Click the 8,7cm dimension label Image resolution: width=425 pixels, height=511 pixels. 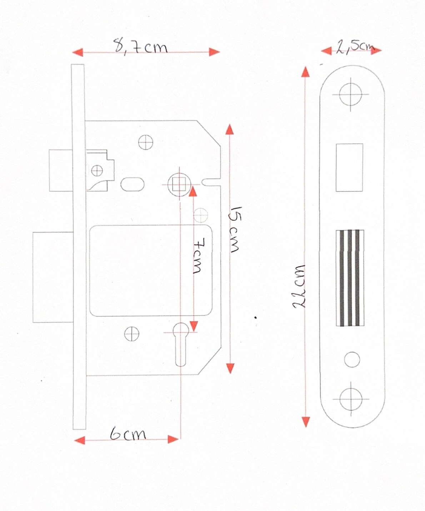coord(141,46)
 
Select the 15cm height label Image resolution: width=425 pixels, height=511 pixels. coord(234,229)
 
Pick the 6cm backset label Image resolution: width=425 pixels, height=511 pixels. coord(128,433)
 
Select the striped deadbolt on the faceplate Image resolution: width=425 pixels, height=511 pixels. coord(350,278)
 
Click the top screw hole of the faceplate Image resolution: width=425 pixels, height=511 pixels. coord(350,94)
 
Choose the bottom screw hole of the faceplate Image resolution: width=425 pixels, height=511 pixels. coord(351,399)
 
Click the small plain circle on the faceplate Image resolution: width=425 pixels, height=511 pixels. coord(352,359)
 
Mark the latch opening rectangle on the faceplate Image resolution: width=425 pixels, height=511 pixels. coord(349,167)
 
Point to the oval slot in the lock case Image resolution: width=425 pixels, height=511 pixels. coord(132,184)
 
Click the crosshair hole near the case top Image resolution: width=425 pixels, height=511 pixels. coord(146,142)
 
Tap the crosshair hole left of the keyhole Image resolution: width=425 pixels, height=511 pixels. coord(132,334)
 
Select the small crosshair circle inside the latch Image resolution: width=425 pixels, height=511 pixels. coord(97,170)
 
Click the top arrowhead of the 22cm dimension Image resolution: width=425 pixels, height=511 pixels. coord(305,72)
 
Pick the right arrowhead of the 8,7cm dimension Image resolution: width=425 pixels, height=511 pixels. coord(215,52)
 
